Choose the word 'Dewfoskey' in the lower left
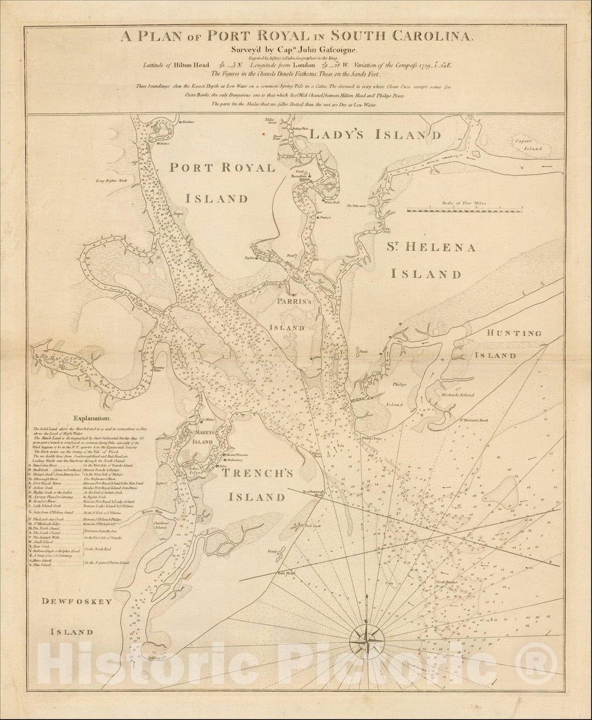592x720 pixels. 77,602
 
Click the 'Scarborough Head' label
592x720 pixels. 313,492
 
